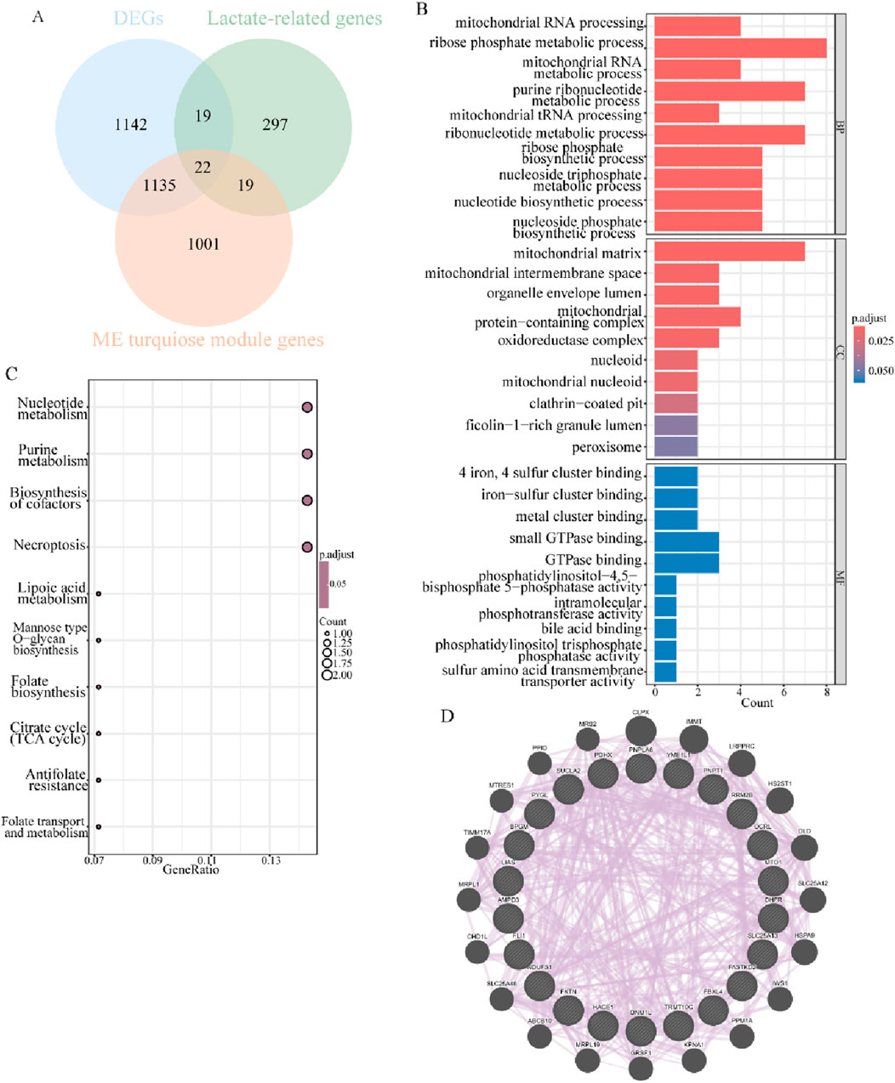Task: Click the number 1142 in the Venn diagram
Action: pyautogui.click(x=131, y=125)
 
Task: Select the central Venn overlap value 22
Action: pyautogui.click(x=202, y=168)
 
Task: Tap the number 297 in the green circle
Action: pyautogui.click(x=275, y=125)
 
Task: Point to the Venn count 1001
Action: pyautogui.click(x=203, y=244)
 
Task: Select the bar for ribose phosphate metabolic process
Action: pyautogui.click(x=735, y=43)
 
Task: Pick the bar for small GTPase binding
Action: pyautogui.click(x=681, y=538)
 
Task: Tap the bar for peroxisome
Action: pyautogui.click(x=670, y=447)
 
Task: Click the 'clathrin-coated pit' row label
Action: pyautogui.click(x=586, y=404)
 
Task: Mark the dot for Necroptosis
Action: pyautogui.click(x=307, y=546)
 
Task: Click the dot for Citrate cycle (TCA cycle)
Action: pyautogui.click(x=99, y=734)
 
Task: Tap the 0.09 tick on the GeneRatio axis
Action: pyautogui.click(x=152, y=859)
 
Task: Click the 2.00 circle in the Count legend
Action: pyautogui.click(x=327, y=675)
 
